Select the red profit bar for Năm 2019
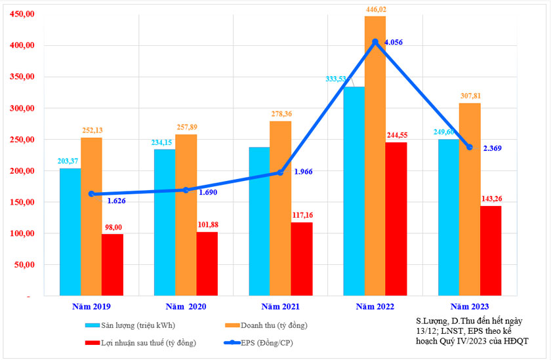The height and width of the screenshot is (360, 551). coord(112,265)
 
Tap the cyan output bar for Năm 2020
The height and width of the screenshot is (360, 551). coord(165,223)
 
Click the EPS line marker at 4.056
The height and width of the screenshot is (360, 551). coord(375,42)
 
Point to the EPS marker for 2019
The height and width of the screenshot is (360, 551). coord(91,194)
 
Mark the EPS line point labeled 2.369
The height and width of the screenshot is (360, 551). coord(470,147)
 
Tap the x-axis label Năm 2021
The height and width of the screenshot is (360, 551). coord(280,306)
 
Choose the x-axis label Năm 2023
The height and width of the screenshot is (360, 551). coord(469,306)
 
